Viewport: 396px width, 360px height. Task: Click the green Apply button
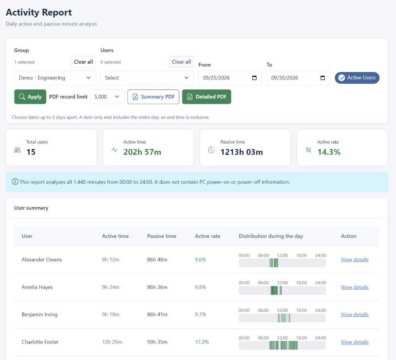click(30, 97)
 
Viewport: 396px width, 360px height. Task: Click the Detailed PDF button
click(207, 97)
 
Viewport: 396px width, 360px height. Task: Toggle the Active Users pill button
click(357, 78)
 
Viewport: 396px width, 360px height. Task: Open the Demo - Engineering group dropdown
click(55, 78)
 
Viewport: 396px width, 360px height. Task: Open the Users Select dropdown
click(147, 78)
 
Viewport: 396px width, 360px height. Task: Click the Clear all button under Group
click(83, 62)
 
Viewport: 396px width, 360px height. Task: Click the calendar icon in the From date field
click(254, 78)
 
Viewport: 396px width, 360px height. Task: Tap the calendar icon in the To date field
click(322, 78)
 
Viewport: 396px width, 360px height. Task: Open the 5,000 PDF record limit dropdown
click(107, 97)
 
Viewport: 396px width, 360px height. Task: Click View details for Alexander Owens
click(355, 260)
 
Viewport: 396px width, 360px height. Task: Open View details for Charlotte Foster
click(355, 342)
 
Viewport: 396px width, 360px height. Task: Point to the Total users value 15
click(31, 152)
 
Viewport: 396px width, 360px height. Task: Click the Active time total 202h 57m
click(142, 152)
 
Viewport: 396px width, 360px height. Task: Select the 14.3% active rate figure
click(329, 152)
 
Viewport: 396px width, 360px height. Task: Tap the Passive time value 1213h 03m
click(241, 152)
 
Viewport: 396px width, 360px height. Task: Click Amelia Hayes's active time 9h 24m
click(111, 287)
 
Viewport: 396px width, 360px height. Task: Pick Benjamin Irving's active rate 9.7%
click(200, 314)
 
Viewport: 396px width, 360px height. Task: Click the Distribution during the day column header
click(271, 236)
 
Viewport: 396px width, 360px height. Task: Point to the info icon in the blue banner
click(15, 182)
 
